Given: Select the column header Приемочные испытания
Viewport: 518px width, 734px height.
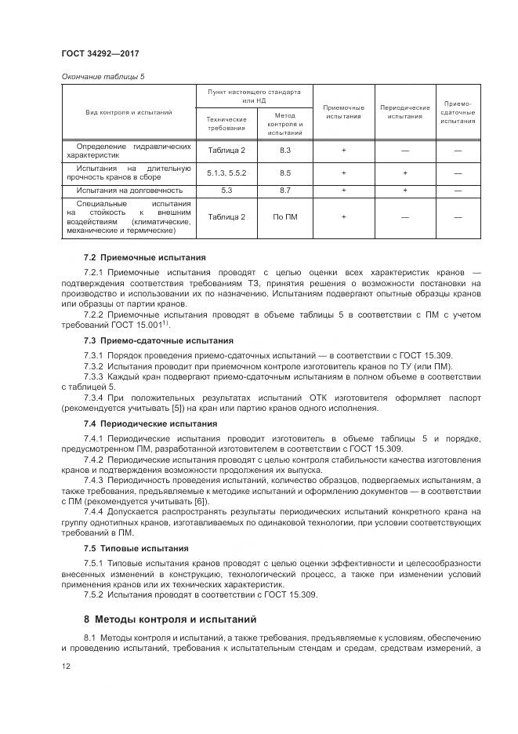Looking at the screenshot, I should [x=343, y=111].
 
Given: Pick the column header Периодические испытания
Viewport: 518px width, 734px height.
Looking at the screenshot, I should [x=404, y=111].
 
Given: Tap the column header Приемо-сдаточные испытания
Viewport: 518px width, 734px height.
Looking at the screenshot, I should [x=458, y=111].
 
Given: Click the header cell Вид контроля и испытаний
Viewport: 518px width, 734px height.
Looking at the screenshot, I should [x=129, y=112].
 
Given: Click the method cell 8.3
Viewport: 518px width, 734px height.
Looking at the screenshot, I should [x=284, y=149].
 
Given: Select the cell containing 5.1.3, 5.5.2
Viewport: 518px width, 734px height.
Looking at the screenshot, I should [x=226, y=173].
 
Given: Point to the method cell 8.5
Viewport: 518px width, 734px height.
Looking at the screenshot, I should [x=284, y=173].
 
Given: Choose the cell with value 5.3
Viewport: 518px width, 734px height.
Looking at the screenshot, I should [x=226, y=190].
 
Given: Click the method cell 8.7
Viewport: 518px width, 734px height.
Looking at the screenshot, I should [x=284, y=190].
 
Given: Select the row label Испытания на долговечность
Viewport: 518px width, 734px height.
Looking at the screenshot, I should [x=129, y=190].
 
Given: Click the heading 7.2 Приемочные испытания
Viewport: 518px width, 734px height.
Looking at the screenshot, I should [x=144, y=256].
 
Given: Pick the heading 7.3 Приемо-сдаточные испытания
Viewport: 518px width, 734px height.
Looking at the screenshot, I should [x=158, y=340].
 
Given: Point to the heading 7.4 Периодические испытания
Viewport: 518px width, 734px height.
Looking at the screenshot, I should [x=150, y=423].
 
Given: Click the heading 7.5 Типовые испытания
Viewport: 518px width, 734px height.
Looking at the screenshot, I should [x=136, y=548].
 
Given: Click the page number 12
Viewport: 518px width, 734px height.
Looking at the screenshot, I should [x=66, y=666].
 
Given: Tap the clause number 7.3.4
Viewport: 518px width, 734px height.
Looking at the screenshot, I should [x=94, y=397].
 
